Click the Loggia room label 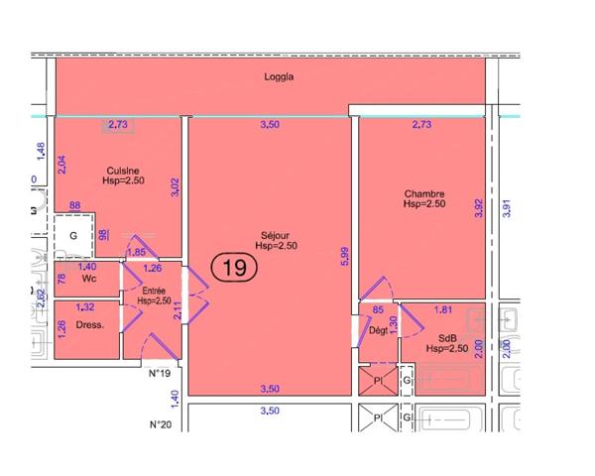[281, 76]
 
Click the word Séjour [275, 236]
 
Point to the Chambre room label [423, 193]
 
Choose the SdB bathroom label [445, 338]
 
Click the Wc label [87, 281]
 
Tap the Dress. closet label [90, 325]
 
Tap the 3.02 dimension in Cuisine [175, 187]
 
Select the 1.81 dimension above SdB [445, 308]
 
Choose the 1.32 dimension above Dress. [86, 307]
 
